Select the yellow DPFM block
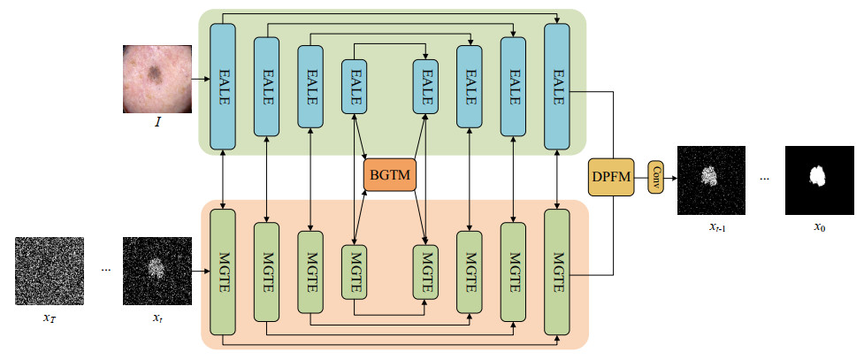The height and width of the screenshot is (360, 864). (x=611, y=178)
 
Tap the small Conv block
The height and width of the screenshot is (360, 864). (x=655, y=178)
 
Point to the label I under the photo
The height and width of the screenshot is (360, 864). (x=157, y=121)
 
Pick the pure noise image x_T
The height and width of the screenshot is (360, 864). (x=50, y=271)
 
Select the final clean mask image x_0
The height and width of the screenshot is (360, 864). (x=820, y=180)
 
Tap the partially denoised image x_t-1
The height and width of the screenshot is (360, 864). (x=711, y=180)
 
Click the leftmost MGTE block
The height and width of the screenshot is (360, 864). (x=223, y=272)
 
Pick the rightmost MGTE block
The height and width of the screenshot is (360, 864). (x=557, y=272)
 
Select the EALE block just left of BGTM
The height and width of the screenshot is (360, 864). (x=355, y=85)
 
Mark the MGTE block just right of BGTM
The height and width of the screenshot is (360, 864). (x=426, y=272)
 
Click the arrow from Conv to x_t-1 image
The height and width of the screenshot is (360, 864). (x=669, y=178)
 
